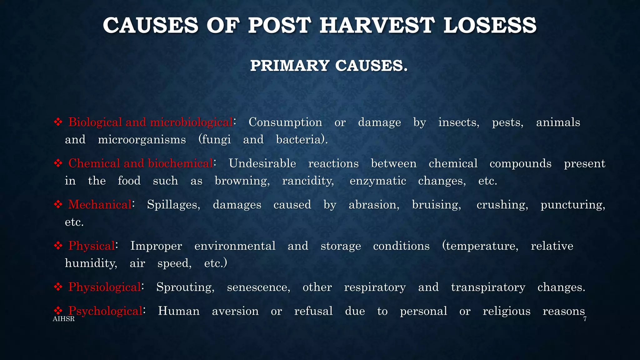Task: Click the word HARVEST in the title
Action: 377,25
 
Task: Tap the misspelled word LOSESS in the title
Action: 490,25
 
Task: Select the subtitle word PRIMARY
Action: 290,66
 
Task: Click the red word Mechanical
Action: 100,205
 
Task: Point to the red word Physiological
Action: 105,287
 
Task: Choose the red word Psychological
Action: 106,311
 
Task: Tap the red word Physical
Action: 92,246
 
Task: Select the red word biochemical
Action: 180,163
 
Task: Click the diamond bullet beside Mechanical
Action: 58,205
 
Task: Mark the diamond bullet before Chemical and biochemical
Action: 58,163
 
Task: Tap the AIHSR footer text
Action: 64,319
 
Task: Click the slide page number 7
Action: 585,319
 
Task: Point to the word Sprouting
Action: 185,287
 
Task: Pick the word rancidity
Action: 308,181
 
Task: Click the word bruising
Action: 436,205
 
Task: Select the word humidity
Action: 91,263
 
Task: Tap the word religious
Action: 507,311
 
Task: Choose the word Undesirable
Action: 262,163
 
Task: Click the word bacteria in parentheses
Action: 300,140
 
